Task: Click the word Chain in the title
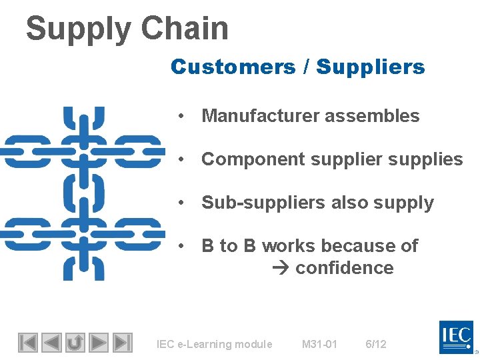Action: tap(185, 29)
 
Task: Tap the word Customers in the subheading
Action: tap(233, 67)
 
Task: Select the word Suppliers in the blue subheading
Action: tap(370, 67)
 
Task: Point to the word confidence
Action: tap(344, 268)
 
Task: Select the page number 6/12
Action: tap(375, 345)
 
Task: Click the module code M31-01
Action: tap(319, 345)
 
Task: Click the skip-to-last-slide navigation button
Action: tap(122, 343)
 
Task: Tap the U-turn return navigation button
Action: tap(75, 343)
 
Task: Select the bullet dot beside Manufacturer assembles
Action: tap(181, 116)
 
